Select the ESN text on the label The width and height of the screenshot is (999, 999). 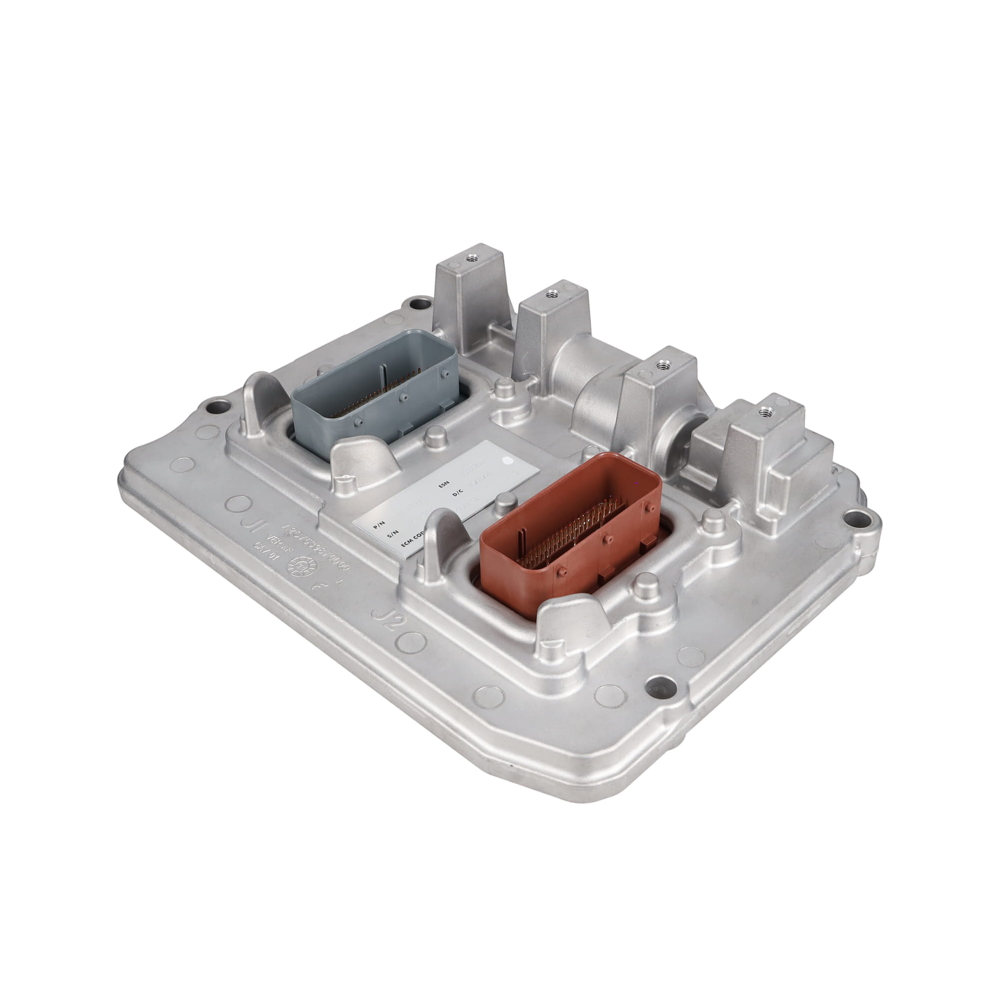444,485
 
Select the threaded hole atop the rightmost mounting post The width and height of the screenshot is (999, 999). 761,412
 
